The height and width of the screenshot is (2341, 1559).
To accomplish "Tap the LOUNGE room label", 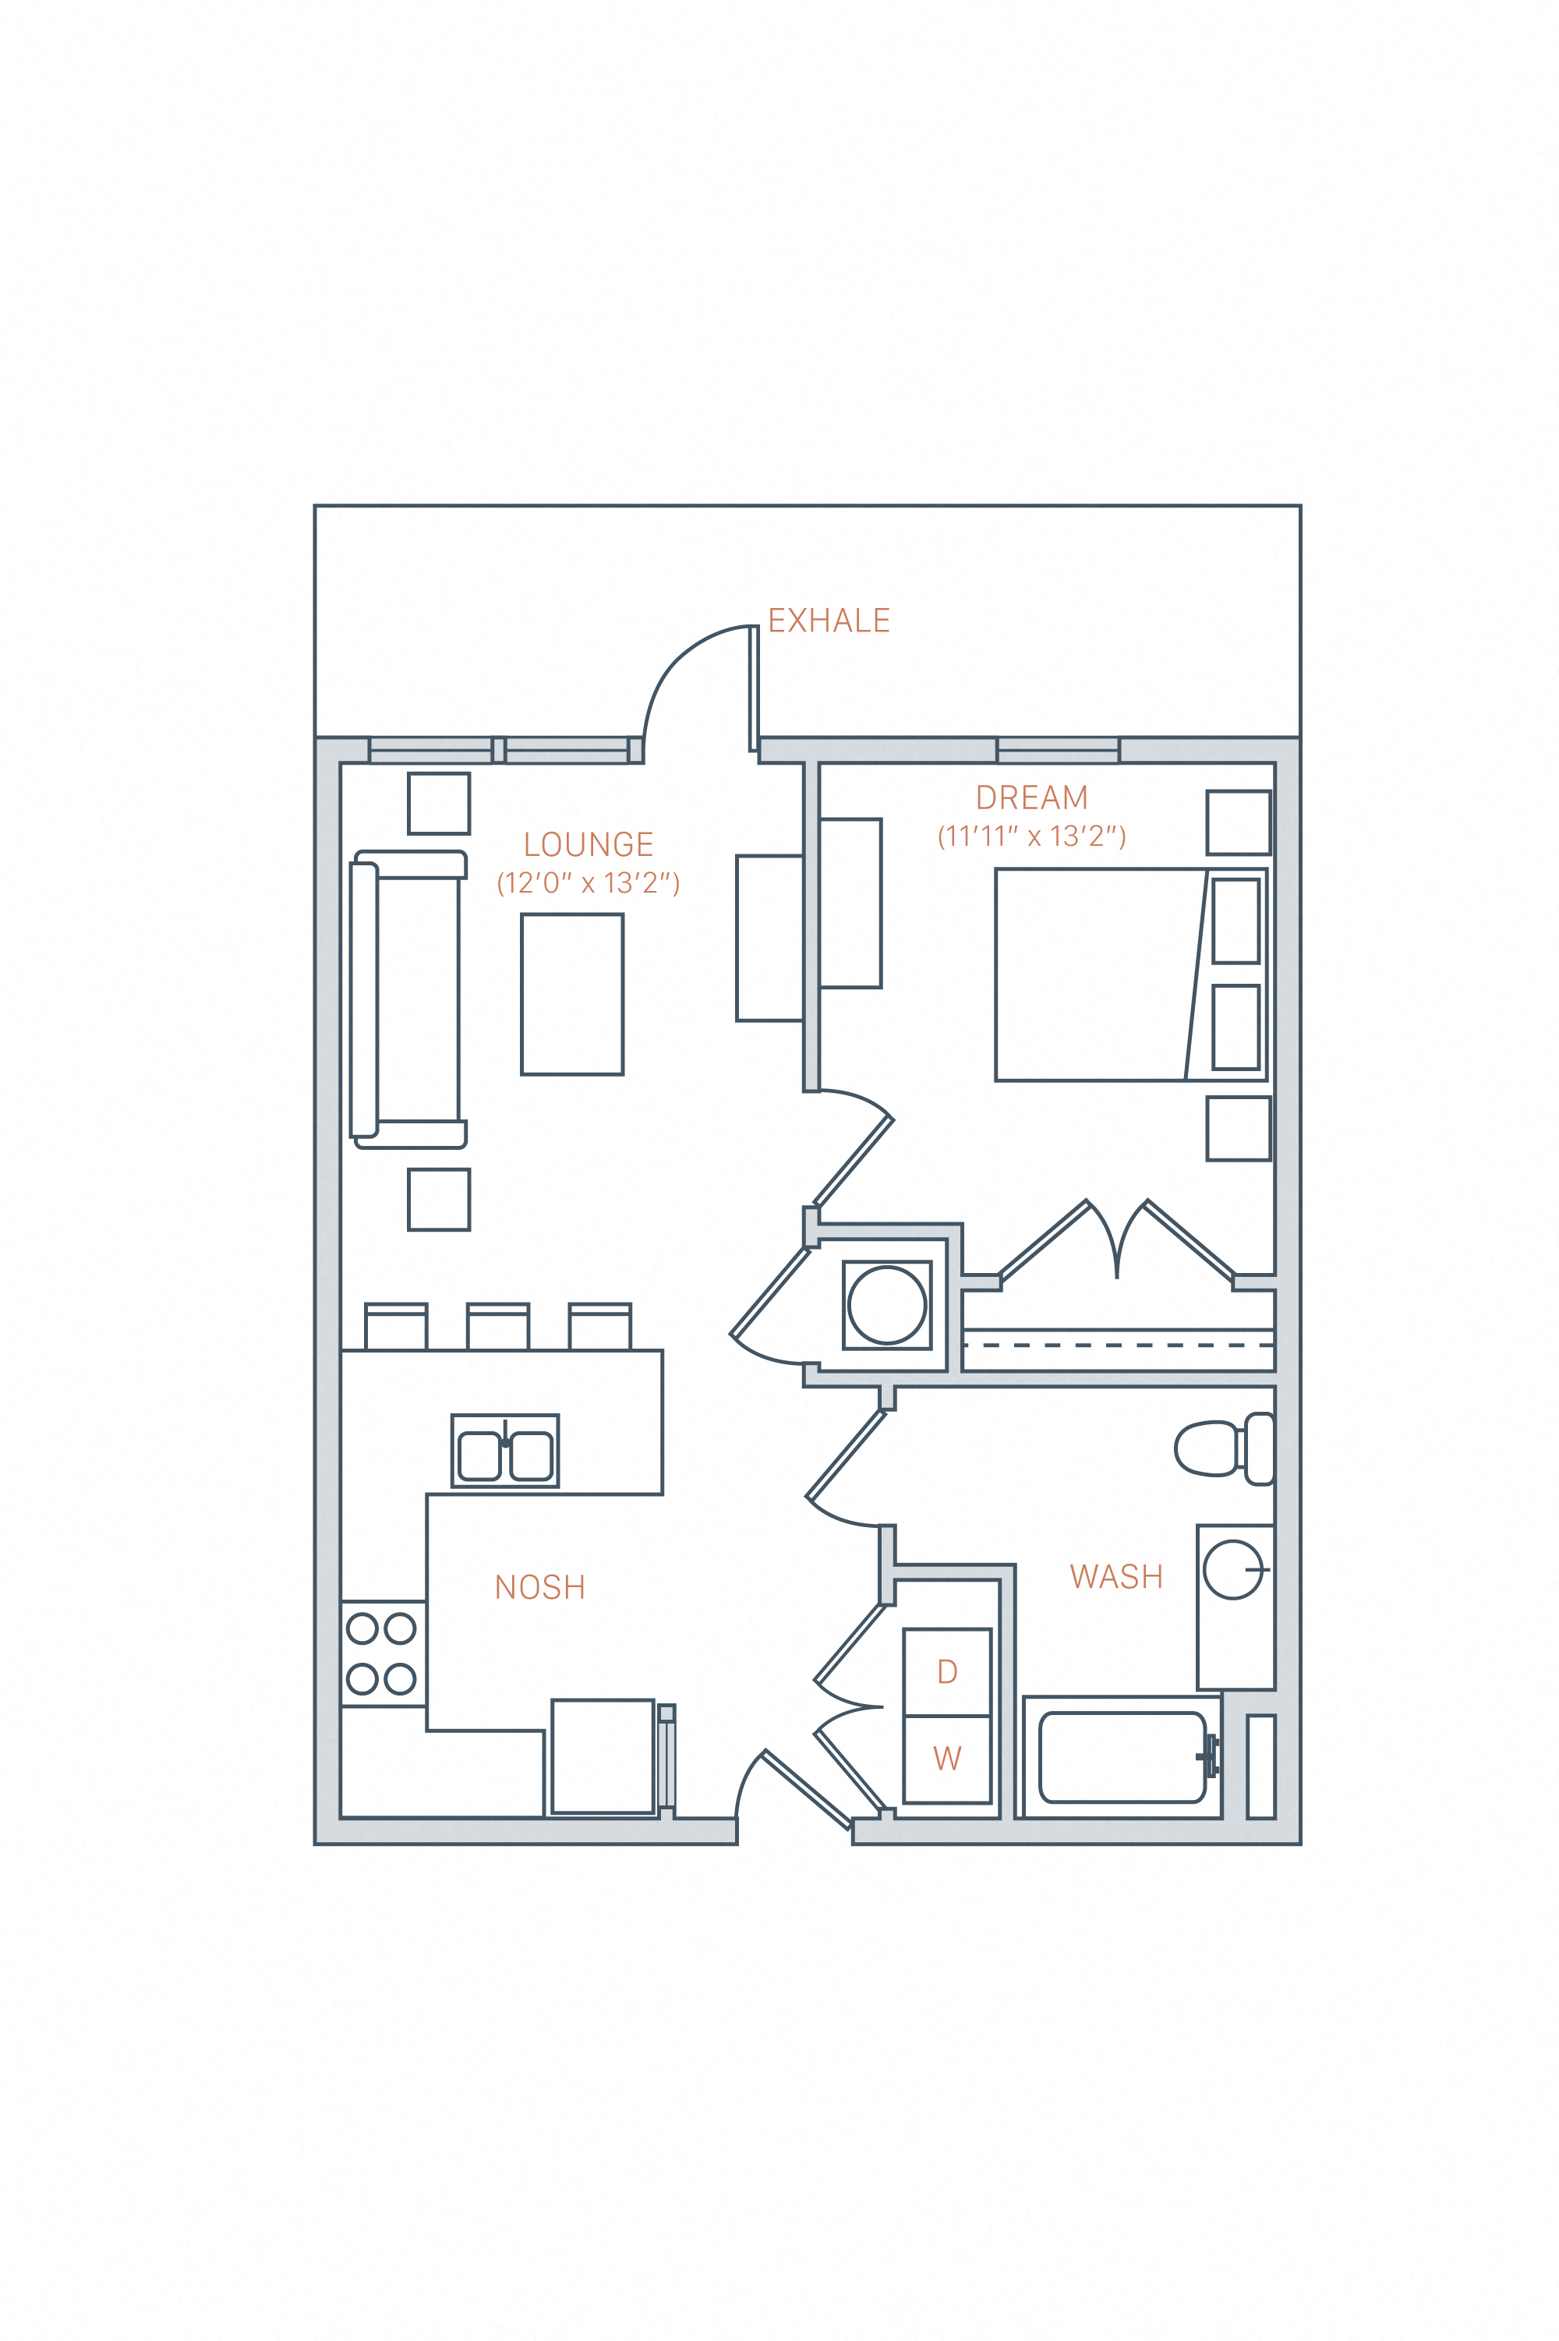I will tap(589, 844).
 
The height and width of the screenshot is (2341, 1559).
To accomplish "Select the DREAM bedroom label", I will tap(1031, 797).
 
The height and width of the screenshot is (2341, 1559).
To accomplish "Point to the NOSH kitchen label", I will tap(540, 1586).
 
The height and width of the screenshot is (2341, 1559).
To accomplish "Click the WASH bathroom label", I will tap(1115, 1576).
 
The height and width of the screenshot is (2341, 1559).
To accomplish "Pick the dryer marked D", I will tap(946, 1672).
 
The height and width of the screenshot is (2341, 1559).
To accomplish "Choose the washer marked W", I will tap(946, 1759).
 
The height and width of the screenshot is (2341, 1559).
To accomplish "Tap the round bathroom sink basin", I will tap(1233, 1569).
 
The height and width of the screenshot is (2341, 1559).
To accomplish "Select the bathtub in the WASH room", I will tap(1122, 1757).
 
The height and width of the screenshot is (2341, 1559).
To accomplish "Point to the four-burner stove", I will tap(382, 1654).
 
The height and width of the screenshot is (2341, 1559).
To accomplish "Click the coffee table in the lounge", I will tap(571, 994).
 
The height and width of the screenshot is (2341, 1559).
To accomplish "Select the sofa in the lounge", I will tap(408, 999).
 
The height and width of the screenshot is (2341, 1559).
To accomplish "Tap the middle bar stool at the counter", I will tap(497, 1326).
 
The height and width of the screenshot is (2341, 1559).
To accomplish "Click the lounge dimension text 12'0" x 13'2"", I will tap(588, 882).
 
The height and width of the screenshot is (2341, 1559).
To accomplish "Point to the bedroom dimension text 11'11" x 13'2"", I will tap(1031, 836).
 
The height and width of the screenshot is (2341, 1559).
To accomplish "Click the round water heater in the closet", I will tap(887, 1305).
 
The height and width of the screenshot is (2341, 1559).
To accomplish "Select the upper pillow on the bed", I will tap(1236, 921).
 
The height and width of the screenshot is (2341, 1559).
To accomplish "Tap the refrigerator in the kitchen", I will tap(603, 1756).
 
